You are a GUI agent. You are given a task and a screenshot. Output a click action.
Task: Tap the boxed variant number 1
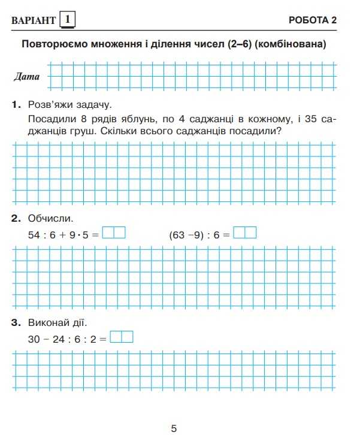tap(67, 20)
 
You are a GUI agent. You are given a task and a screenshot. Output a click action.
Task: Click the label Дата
tap(27, 77)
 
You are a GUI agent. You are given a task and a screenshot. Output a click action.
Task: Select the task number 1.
tap(16, 105)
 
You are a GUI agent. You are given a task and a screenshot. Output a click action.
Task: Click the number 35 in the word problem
tap(313, 119)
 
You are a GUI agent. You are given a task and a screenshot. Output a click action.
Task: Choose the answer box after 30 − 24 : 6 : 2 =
tap(122, 337)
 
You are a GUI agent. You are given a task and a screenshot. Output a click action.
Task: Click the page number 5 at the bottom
tap(174, 428)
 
